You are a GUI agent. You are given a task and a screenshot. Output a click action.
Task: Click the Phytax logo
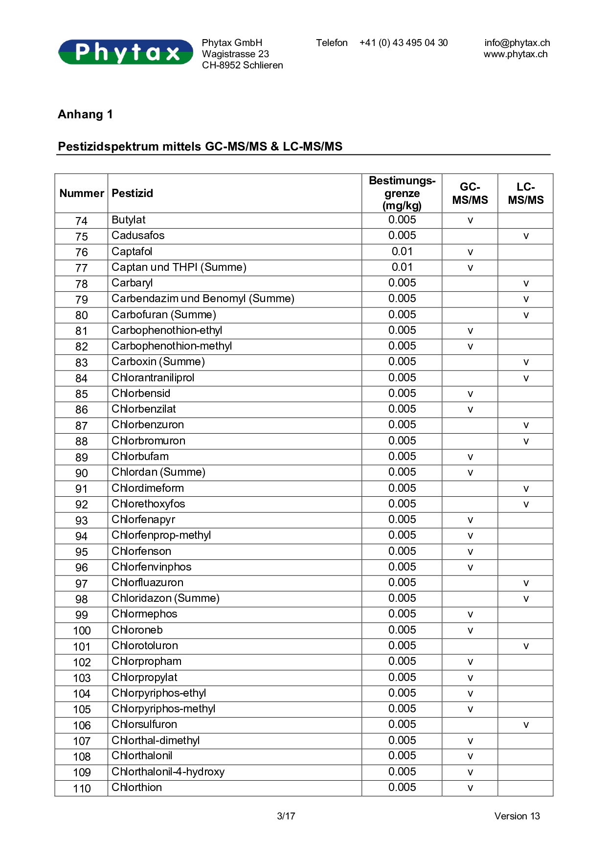click(x=126, y=52)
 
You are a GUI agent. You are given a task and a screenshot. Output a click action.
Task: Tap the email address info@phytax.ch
click(x=517, y=43)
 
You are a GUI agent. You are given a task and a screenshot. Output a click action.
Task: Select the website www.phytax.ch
click(x=516, y=54)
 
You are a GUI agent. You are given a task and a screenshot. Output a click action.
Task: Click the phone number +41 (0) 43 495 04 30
click(x=404, y=43)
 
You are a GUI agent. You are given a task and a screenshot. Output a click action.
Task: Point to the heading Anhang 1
click(x=86, y=114)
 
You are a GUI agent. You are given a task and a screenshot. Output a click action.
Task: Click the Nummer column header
click(x=82, y=194)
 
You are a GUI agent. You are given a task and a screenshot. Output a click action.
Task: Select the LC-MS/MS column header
click(x=526, y=194)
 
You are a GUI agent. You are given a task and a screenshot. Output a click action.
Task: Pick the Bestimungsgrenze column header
click(x=402, y=194)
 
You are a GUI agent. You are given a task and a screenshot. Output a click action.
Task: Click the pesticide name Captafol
click(x=132, y=252)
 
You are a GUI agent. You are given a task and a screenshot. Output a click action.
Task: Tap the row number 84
click(x=82, y=378)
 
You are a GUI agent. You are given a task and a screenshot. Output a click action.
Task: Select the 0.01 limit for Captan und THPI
click(x=402, y=267)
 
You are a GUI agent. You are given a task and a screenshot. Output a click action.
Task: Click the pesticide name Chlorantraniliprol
click(x=153, y=378)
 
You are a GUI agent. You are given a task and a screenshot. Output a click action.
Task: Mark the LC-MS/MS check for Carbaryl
click(x=526, y=284)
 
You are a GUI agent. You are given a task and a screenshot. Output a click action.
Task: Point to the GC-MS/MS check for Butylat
click(x=470, y=220)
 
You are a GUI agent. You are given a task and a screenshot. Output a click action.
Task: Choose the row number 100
click(x=82, y=631)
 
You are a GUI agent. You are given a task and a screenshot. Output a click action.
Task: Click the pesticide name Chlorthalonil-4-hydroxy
click(x=168, y=772)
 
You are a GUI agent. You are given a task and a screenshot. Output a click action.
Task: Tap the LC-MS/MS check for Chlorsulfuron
click(x=526, y=725)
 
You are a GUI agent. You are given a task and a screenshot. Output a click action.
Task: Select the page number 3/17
click(x=286, y=816)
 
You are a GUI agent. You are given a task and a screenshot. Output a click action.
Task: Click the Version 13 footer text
click(x=517, y=816)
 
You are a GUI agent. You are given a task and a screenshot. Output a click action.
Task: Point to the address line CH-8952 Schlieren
click(x=243, y=66)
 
